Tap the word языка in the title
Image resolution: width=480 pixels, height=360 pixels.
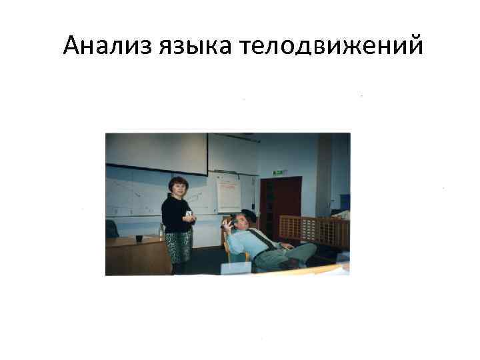196,47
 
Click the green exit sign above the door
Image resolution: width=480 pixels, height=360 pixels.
278,172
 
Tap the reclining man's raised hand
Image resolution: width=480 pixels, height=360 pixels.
227,225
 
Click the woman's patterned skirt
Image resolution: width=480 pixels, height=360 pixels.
178,246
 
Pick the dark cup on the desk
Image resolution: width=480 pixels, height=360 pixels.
139,238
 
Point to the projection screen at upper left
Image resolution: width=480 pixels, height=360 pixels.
157,151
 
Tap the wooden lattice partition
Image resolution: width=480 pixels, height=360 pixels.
314,231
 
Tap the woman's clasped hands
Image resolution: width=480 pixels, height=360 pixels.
190,216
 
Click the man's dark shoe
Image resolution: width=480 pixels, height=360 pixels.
291,264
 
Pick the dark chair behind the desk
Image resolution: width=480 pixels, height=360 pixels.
112,229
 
